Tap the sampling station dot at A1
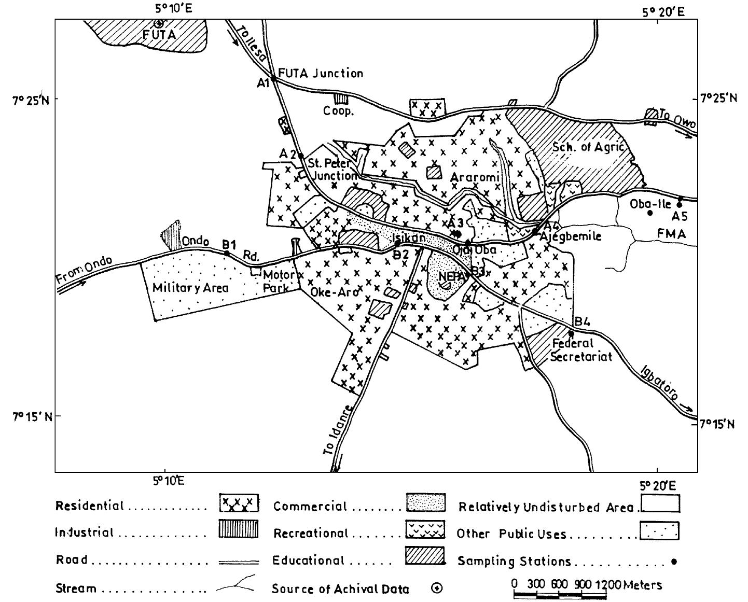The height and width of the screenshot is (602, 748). [x=274, y=79]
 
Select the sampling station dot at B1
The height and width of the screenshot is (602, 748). [x=227, y=254]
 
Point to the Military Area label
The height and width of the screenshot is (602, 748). [x=190, y=288]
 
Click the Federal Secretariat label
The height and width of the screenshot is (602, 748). [x=581, y=350]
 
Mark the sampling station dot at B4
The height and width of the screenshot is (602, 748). [x=571, y=333]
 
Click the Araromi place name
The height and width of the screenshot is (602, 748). [x=475, y=177]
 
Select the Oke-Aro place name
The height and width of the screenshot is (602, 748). [x=334, y=292]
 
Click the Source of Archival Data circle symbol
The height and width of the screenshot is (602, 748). [x=437, y=588]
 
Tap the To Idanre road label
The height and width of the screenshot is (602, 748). [x=338, y=430]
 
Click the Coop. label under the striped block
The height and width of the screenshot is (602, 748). [x=338, y=111]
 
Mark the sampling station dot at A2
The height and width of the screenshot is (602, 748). [x=300, y=156]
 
